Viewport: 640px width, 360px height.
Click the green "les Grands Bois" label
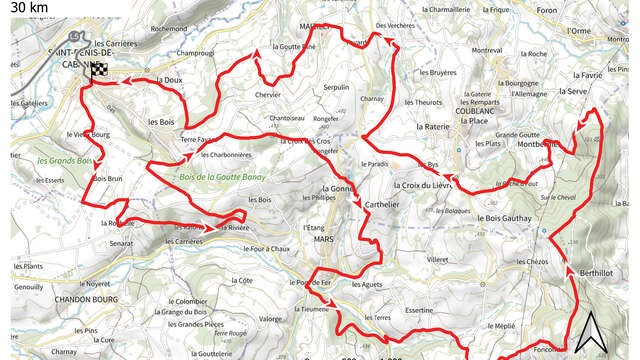64,160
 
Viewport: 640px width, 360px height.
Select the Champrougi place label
196,53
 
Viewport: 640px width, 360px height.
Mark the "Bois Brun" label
107,178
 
